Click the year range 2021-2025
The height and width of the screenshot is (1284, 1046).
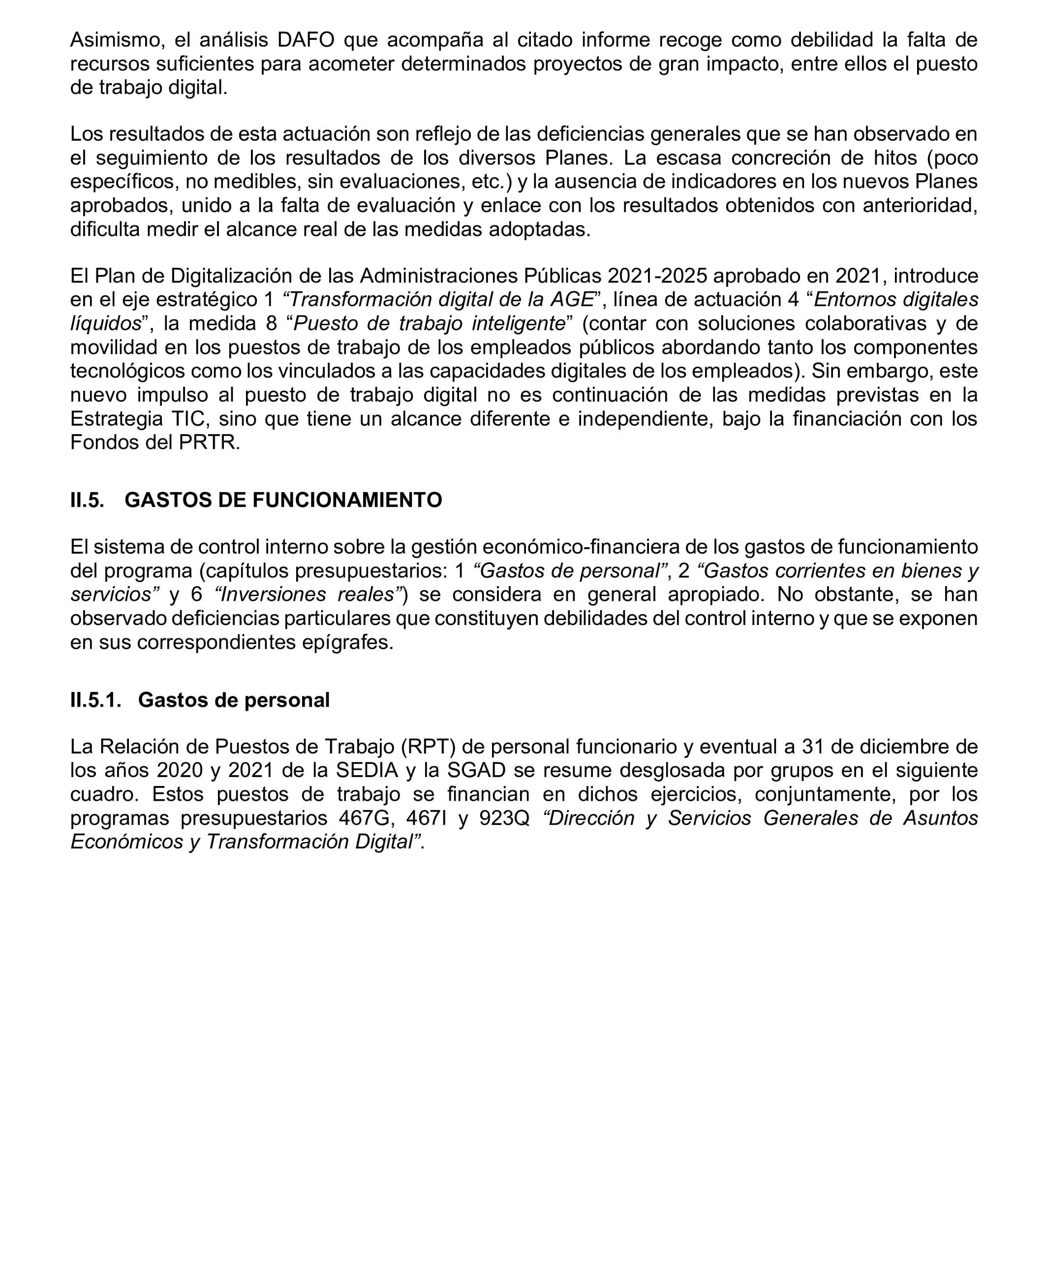coord(657,276)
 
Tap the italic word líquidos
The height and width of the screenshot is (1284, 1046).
coord(105,323)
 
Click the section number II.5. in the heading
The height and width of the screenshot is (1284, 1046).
coord(88,500)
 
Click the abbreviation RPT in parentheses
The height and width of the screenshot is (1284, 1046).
coord(428,747)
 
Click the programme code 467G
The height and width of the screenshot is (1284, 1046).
coord(364,818)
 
